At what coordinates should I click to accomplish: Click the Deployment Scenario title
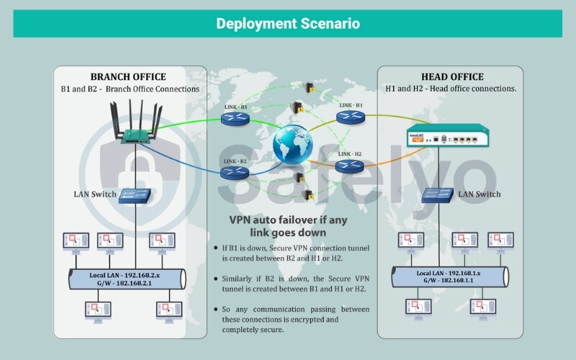tap(288, 24)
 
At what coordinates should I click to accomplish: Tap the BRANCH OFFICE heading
tap(128, 76)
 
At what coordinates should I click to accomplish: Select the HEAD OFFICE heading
tap(451, 76)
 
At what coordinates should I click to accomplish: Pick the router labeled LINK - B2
tap(233, 173)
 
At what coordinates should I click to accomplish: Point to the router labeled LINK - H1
tap(349, 118)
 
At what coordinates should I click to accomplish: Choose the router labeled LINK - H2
tap(349, 168)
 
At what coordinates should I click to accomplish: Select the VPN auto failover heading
tap(287, 226)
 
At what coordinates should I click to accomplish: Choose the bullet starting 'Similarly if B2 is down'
tap(295, 283)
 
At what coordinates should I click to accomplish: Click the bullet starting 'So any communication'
tap(295, 319)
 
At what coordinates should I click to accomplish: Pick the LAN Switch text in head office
tap(479, 194)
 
